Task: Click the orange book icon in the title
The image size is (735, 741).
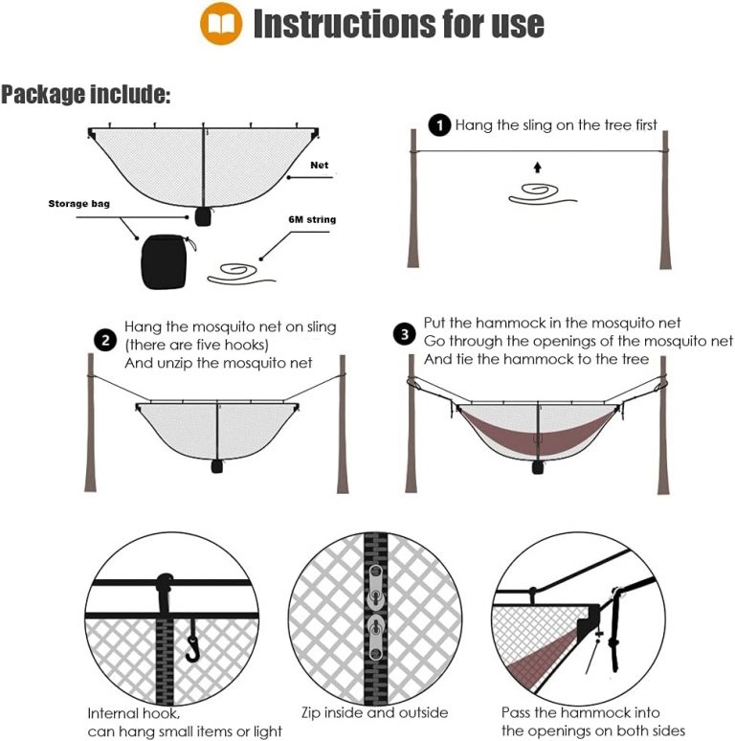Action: [x=220, y=24]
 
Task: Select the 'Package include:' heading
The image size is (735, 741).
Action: [x=86, y=95]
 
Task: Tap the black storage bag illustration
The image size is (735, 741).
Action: [x=166, y=261]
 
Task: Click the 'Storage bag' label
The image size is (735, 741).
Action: [x=78, y=204]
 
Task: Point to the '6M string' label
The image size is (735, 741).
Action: [x=312, y=219]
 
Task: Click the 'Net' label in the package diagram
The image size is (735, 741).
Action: [x=319, y=166]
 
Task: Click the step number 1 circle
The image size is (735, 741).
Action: [x=438, y=125]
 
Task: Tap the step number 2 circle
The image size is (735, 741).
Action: [x=104, y=341]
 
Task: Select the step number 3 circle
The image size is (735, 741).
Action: [x=405, y=335]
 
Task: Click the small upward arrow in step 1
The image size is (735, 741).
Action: [x=537, y=168]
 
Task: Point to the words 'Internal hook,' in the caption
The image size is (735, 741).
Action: [x=133, y=714]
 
